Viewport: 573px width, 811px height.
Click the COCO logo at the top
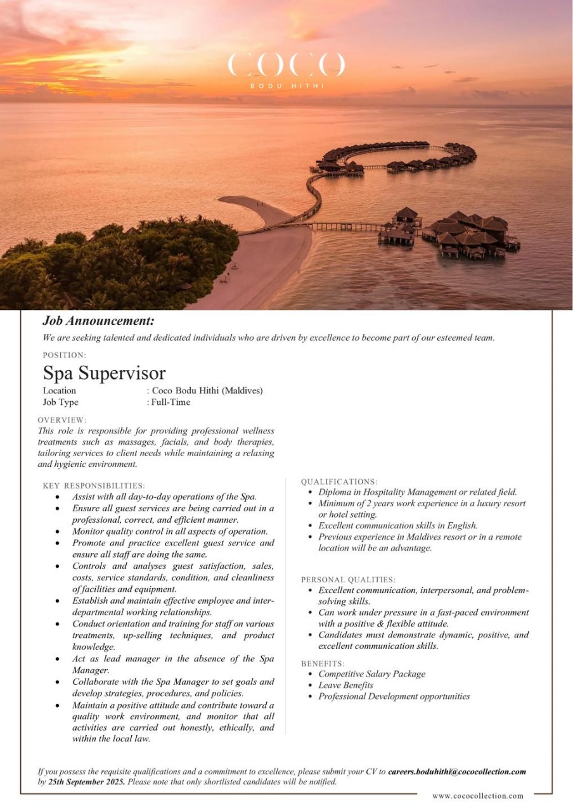pyautogui.click(x=286, y=66)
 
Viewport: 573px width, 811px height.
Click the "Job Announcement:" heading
pyautogui.click(x=98, y=321)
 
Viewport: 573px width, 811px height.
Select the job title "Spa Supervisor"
pyautogui.click(x=104, y=373)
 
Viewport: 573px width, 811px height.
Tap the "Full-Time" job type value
pyautogui.click(x=171, y=402)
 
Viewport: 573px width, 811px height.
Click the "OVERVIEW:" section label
pyautogui.click(x=62, y=420)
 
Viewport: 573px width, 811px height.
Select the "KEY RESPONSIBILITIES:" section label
pyautogui.click(x=94, y=485)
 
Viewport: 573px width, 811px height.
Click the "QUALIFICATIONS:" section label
pyautogui.click(x=339, y=482)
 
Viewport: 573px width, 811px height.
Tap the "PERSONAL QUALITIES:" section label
pyautogui.click(x=348, y=580)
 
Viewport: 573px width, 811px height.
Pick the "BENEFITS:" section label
pyautogui.click(x=323, y=663)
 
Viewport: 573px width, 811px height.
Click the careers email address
pyautogui.click(x=457, y=772)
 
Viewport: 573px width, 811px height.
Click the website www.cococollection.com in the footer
pyautogui.click(x=478, y=796)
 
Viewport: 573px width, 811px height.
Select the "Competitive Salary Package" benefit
pyautogui.click(x=371, y=674)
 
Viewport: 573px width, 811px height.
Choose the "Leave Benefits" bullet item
pyautogui.click(x=345, y=686)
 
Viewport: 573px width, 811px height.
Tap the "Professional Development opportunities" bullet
pyautogui.click(x=394, y=696)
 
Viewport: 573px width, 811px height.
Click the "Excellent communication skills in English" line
pyautogui.click(x=397, y=526)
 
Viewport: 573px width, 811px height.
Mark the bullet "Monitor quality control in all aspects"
pyautogui.click(x=170, y=532)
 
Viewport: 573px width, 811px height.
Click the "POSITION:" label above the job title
pyautogui.click(x=65, y=355)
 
